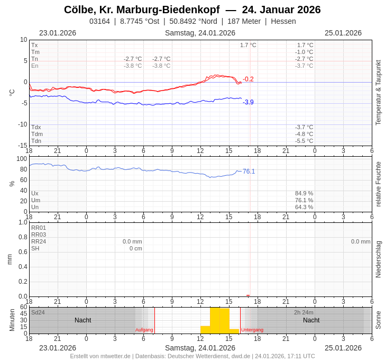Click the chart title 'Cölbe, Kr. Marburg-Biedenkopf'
click(142, 10)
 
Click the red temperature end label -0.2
click(248, 79)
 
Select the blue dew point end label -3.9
click(248, 102)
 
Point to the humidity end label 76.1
click(249, 172)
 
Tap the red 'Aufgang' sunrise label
click(144, 330)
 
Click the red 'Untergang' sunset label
click(252, 330)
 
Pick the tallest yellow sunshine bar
click(219, 320)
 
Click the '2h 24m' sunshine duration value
click(304, 312)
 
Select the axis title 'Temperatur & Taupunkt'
click(378, 93)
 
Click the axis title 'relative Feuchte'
click(378, 184)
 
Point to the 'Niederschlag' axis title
click(378, 259)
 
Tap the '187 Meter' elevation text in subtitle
click(244, 21)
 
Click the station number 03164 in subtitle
click(99, 21)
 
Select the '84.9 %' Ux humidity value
click(304, 193)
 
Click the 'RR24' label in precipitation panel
click(39, 241)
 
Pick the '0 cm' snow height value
click(136, 248)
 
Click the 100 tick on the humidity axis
click(22, 159)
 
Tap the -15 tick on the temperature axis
click(22, 146)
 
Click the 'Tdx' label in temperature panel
click(36, 127)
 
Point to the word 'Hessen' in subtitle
click(283, 21)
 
